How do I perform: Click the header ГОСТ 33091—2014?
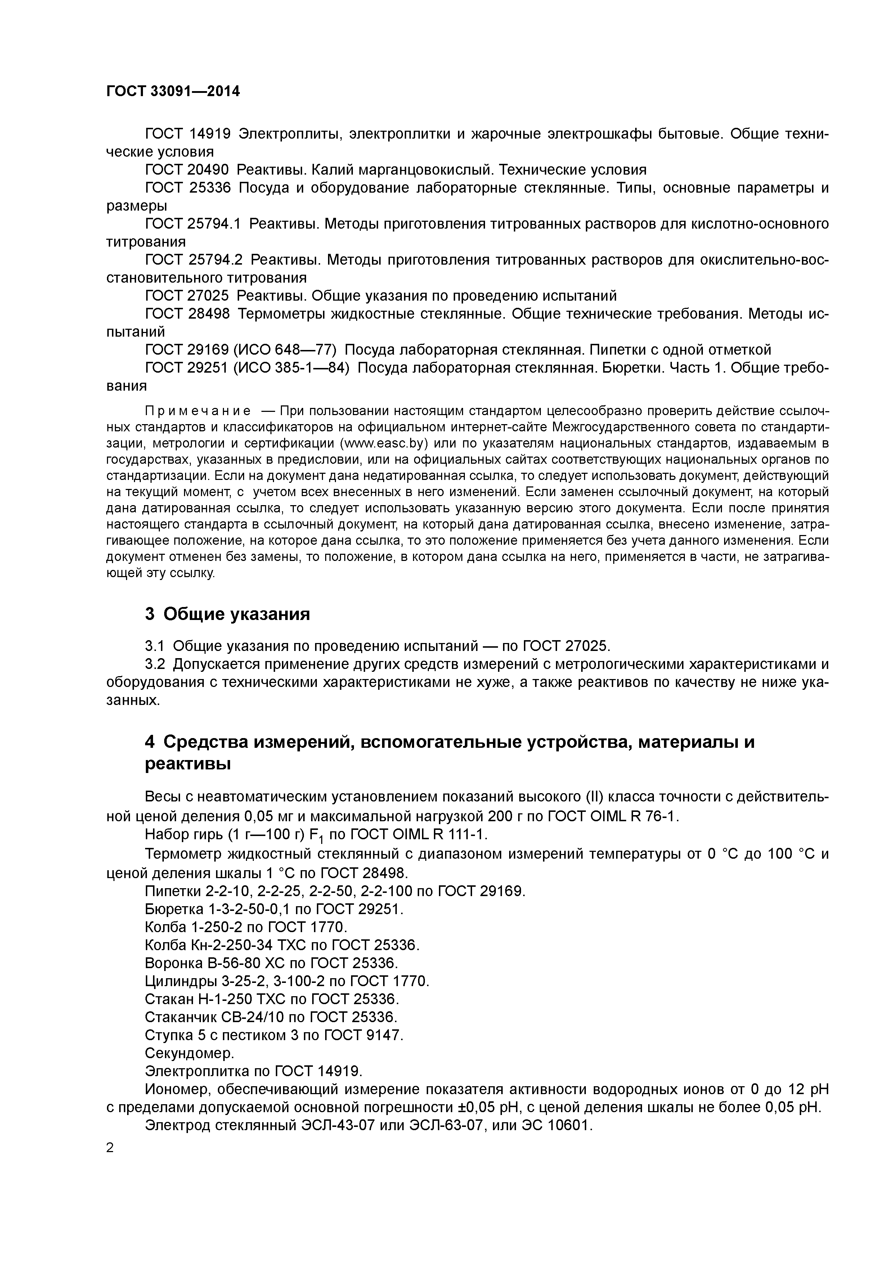click(173, 91)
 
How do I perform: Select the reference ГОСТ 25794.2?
click(194, 260)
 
